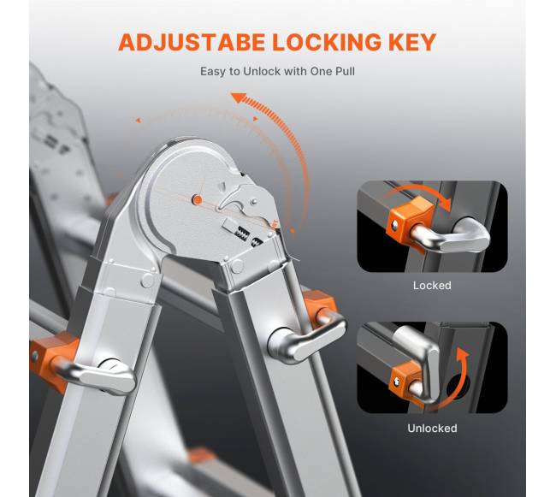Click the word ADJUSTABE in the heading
(x=192, y=42)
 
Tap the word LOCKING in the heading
(x=327, y=42)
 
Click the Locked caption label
(x=432, y=286)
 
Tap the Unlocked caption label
(x=432, y=429)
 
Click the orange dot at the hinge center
(x=197, y=199)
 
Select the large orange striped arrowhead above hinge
(x=240, y=98)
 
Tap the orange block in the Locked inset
(x=410, y=221)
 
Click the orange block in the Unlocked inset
(x=405, y=379)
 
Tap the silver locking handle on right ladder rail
(x=305, y=339)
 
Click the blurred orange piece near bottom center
(x=201, y=456)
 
